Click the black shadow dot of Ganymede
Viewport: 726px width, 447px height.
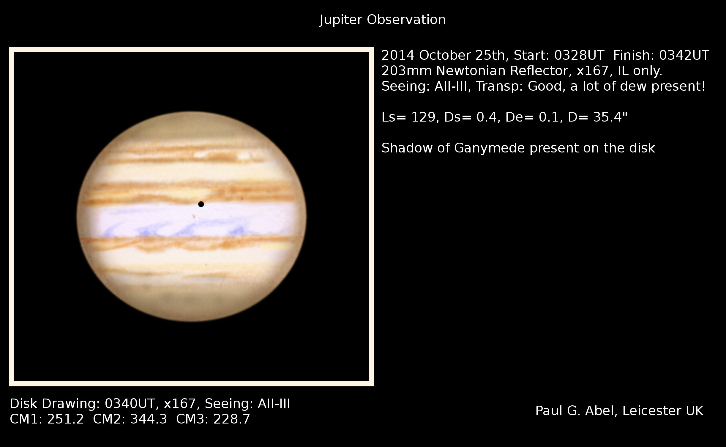click(x=201, y=204)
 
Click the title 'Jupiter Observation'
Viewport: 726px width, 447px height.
click(x=383, y=20)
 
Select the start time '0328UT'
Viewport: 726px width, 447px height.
click(x=579, y=56)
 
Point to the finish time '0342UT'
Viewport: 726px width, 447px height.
click(x=684, y=56)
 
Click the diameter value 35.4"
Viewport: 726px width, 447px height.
click(x=598, y=117)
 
